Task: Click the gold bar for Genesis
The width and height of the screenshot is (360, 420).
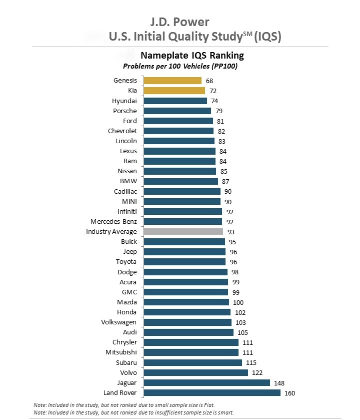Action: click(172, 81)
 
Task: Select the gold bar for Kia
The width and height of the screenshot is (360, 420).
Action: click(174, 91)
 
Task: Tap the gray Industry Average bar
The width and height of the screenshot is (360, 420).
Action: click(183, 232)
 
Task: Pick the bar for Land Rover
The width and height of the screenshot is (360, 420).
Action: click(212, 393)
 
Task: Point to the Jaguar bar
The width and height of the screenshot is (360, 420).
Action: click(206, 383)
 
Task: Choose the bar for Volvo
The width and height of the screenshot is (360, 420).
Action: click(195, 373)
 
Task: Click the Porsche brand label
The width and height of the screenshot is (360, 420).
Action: click(124, 111)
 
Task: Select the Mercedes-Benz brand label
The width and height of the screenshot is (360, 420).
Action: click(113, 221)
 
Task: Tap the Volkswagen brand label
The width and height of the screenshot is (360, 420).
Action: click(118, 322)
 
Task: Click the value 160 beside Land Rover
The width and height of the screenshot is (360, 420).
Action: click(290, 393)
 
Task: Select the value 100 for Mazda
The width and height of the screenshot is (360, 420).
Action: click(238, 302)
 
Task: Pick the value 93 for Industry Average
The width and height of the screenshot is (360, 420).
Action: click(231, 232)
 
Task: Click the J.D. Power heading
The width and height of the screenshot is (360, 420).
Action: click(179, 22)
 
